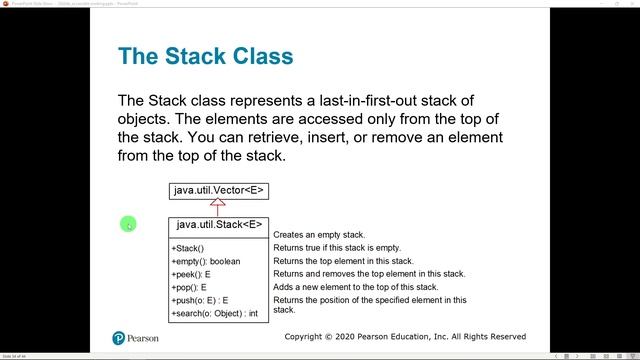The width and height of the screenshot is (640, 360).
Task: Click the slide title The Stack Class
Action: [205, 55]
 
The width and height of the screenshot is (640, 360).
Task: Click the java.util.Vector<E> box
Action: [218, 190]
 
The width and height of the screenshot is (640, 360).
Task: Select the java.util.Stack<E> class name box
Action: [218, 225]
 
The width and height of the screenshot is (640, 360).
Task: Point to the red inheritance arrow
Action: [218, 207]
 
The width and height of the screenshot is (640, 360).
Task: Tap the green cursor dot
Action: [128, 224]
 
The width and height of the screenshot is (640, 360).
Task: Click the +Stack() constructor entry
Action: [188, 248]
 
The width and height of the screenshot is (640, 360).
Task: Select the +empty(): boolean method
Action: [205, 261]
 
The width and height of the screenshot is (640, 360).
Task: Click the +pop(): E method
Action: [189, 287]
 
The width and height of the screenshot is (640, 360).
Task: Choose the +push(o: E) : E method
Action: [200, 300]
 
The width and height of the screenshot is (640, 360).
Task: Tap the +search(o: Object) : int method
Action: [214, 313]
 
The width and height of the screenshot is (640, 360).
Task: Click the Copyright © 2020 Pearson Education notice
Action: [405, 337]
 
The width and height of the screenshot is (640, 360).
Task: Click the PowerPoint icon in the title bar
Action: [5, 4]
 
